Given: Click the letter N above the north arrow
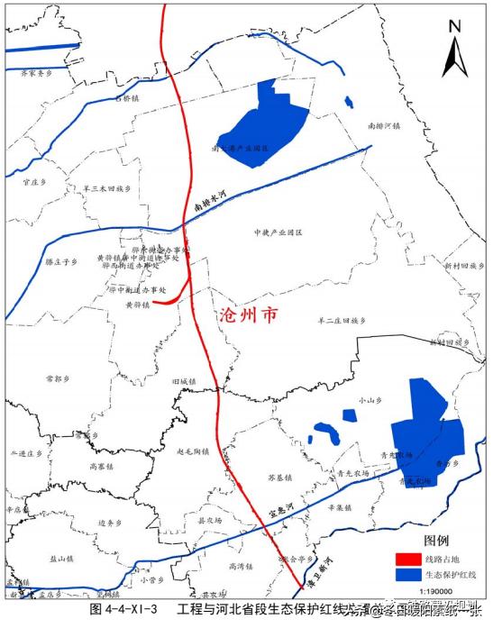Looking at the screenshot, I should click(456, 26).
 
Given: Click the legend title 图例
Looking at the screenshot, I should click(424, 541).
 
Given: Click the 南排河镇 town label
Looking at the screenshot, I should click(385, 127).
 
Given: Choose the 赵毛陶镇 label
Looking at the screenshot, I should click(192, 451).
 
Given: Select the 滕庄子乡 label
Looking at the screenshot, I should click(61, 261).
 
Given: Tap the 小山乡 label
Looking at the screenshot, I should click(366, 398).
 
